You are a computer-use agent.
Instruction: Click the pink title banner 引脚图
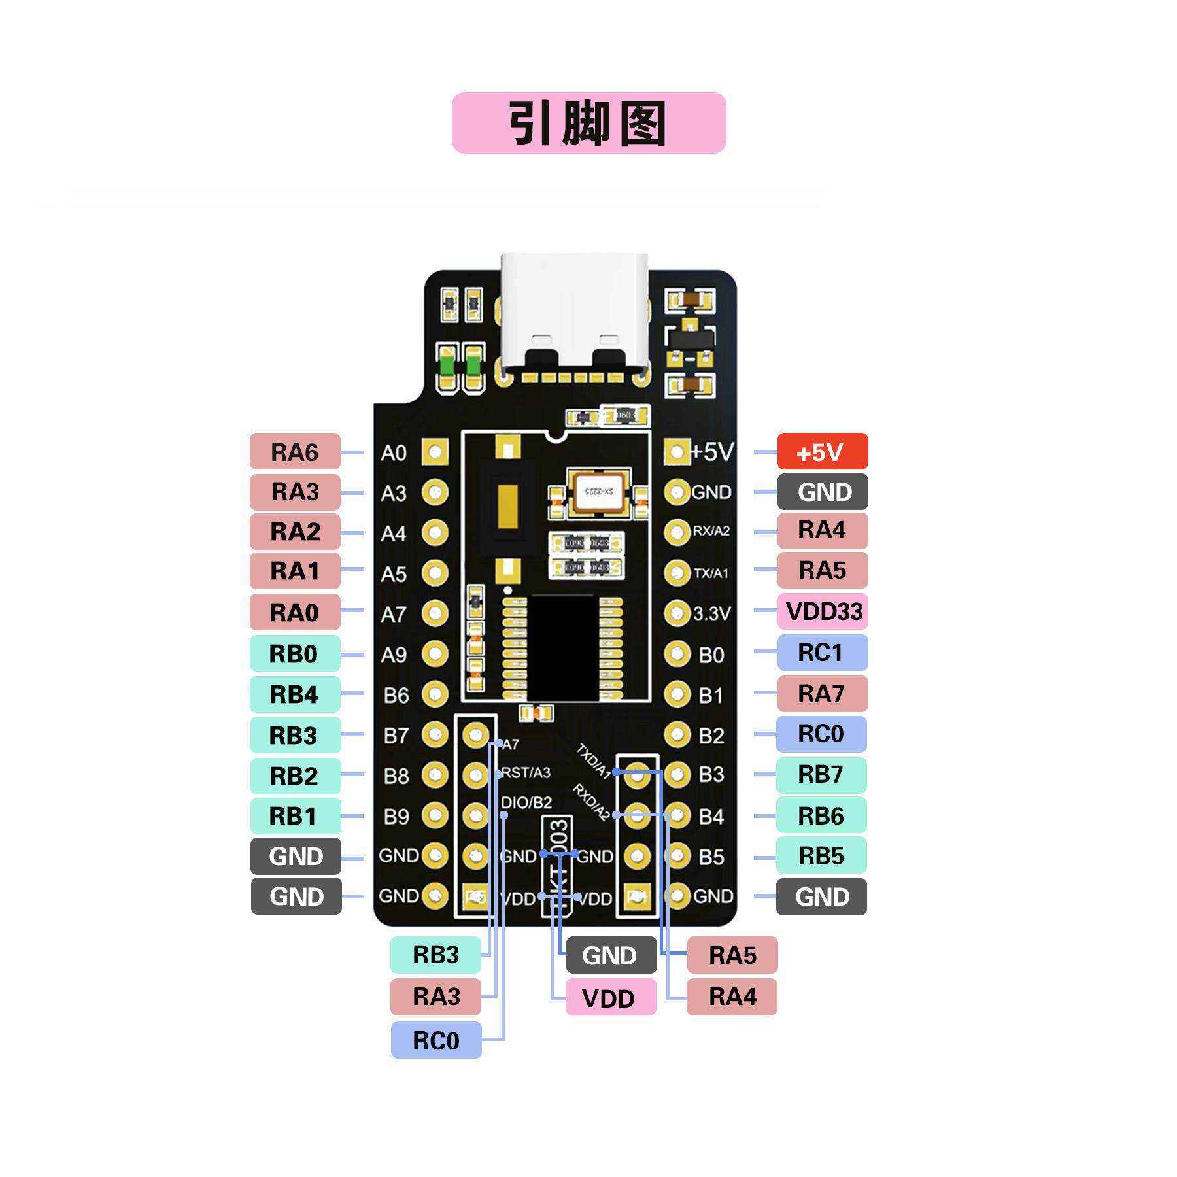click(588, 123)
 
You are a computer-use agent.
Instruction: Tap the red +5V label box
click(822, 451)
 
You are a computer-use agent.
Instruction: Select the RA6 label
click(295, 451)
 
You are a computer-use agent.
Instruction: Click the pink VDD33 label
click(823, 611)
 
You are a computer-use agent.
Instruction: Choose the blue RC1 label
click(822, 652)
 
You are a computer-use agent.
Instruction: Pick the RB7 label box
click(821, 774)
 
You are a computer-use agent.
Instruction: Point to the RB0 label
click(295, 653)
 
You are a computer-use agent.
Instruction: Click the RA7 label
click(822, 693)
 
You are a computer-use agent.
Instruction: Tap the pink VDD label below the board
click(610, 998)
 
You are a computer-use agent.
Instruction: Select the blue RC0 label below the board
click(436, 1040)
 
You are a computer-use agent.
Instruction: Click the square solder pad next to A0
click(435, 451)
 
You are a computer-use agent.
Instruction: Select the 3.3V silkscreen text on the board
click(711, 613)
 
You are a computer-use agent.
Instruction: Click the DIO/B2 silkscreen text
click(526, 802)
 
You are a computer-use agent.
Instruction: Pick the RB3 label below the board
click(436, 955)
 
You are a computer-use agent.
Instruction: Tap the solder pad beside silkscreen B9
click(435, 815)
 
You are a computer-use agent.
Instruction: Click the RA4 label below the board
click(732, 997)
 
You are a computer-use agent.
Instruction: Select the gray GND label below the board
click(610, 955)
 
